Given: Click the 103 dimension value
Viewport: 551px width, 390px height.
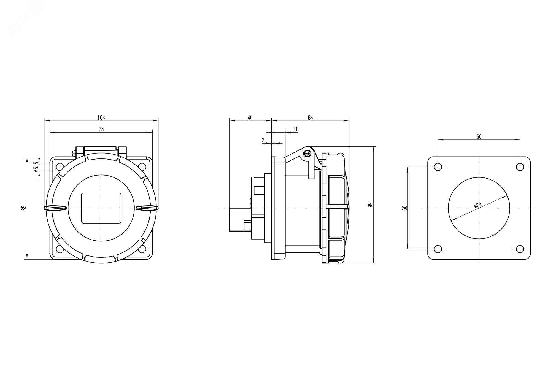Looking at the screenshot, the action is coord(101,118).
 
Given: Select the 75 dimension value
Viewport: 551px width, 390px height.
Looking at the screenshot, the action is coord(101,129).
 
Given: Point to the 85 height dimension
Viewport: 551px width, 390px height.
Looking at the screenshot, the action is coord(24,208).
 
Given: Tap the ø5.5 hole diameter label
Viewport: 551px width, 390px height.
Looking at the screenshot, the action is coord(36,167).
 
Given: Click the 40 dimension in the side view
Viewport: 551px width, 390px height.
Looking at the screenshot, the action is coord(250,118).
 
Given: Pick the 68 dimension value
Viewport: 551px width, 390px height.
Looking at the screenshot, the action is coord(310,118).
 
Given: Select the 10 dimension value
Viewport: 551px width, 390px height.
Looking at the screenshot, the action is coord(296,129).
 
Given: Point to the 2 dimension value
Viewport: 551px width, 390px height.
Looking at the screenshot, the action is coord(263,140).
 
